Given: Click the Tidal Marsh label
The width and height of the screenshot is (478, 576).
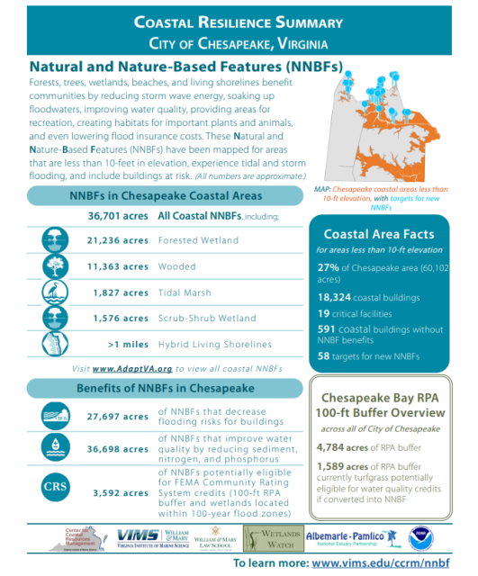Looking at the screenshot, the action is point(185,292).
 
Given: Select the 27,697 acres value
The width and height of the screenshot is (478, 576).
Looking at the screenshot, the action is point(118,417).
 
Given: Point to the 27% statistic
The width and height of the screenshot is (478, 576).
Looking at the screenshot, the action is point(329,267).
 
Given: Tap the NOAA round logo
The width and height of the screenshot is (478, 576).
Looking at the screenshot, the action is point(421,537).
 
